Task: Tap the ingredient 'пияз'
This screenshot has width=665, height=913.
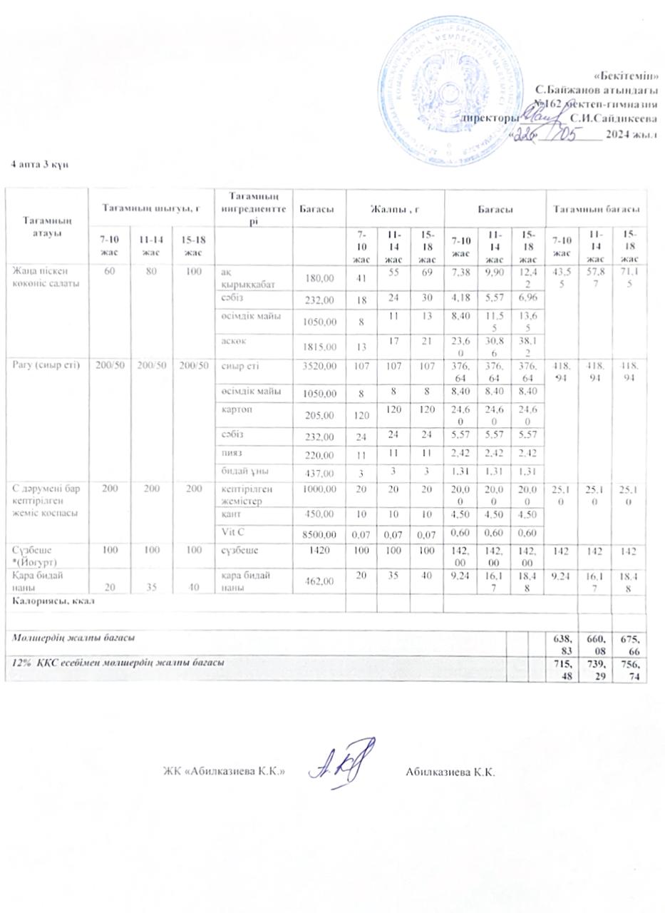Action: (x=231, y=453)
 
